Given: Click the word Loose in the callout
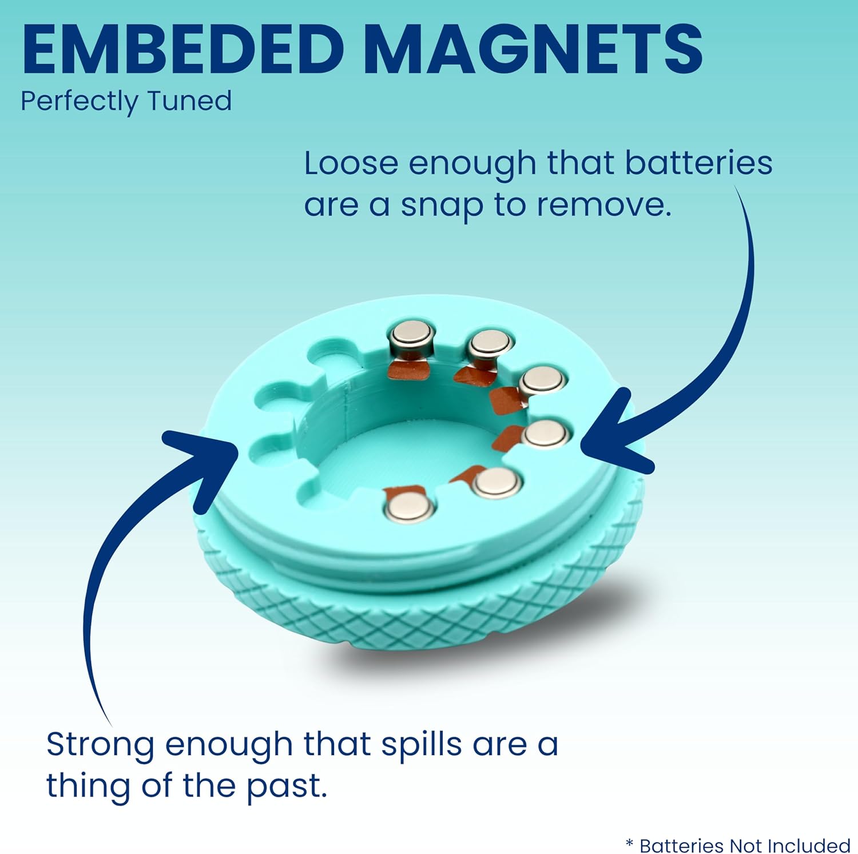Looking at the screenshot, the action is pos(351,163).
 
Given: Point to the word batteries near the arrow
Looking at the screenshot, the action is pos(698,163).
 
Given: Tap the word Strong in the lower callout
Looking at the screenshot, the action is pos(100,745).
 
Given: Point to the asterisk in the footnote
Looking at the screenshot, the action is pos(629,844).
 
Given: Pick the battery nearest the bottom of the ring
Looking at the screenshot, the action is pos(410,506).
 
